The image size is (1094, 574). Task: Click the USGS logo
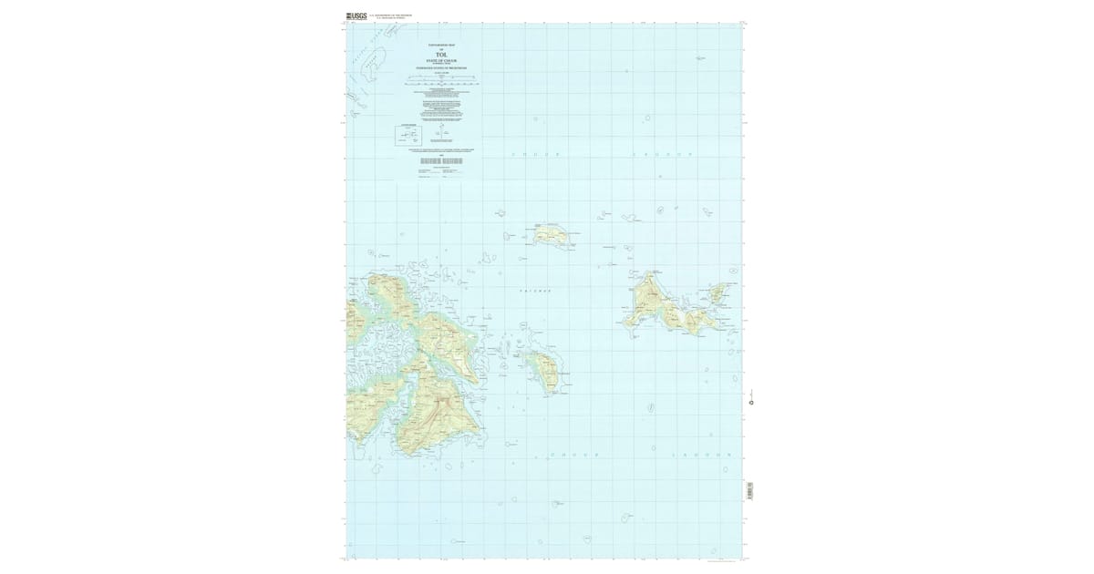coord(356,15)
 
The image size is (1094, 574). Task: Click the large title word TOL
coord(441,55)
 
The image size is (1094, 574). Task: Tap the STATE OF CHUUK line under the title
coord(441,61)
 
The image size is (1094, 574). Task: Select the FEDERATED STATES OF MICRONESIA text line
coord(441,68)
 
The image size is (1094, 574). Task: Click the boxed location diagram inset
coord(407,136)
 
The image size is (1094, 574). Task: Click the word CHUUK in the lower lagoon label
coord(573,453)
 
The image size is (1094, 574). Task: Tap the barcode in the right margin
coord(749,489)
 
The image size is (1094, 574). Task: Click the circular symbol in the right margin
coord(751,402)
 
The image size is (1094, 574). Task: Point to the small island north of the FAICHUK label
coord(552,236)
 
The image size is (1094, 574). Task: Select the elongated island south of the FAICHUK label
coord(545,369)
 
